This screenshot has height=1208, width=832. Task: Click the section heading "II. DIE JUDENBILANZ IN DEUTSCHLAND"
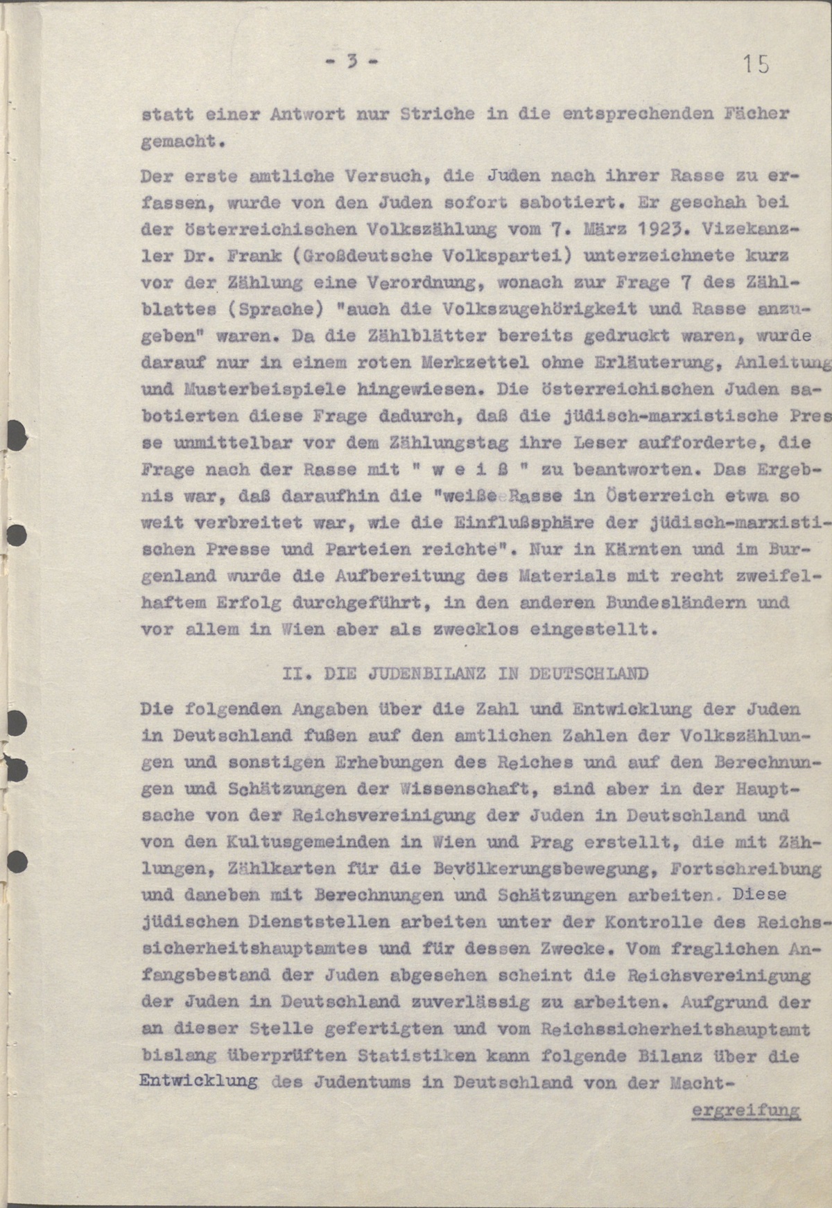point(467,673)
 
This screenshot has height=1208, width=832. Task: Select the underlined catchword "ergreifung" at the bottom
point(746,1110)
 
